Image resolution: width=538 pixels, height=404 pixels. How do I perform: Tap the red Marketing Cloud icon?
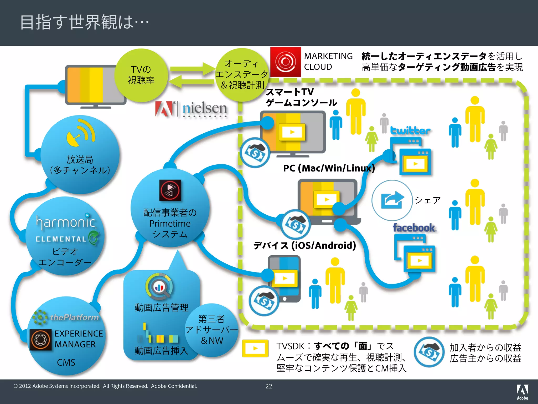tap(285, 62)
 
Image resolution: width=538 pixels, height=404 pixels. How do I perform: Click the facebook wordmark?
tap(414, 228)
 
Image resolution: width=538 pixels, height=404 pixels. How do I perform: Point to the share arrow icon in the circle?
tap(392, 200)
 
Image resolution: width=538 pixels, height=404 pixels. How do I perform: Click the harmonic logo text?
tap(66, 222)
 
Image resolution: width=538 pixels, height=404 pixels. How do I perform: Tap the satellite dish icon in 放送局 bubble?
tap(80, 133)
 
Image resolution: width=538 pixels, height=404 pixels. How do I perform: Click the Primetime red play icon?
tap(170, 190)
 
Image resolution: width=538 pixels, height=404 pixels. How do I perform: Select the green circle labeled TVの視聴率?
tap(141, 75)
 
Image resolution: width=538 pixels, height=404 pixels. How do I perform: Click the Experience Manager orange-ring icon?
tap(40, 339)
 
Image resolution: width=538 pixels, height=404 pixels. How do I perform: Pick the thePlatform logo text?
tap(74, 317)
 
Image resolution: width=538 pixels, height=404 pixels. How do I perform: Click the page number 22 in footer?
tap(269, 386)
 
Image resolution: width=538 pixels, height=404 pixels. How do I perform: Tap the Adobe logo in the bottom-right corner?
tap(522, 392)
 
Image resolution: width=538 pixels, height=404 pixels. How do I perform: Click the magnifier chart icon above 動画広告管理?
tap(159, 287)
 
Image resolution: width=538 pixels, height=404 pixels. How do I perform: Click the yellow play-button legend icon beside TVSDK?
tap(255, 348)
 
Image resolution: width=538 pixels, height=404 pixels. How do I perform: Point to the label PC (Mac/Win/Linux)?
tap(329, 168)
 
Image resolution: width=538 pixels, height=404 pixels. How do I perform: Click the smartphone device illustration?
tap(284, 279)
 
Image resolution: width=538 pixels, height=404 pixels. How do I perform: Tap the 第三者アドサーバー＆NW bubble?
tap(212, 330)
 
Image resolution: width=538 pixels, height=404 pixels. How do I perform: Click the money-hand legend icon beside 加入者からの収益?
tap(429, 352)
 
